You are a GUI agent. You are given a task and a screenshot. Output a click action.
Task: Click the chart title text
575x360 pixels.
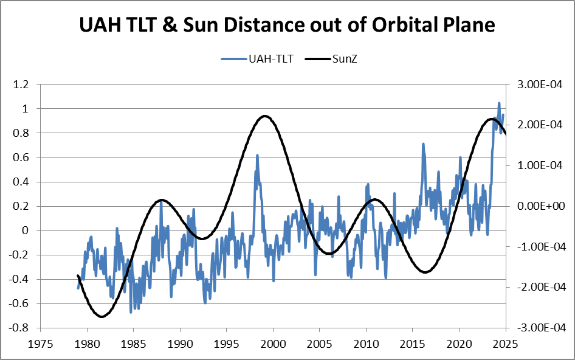coord(287,26)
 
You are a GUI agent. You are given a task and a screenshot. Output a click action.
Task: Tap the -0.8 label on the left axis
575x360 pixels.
coord(21,328)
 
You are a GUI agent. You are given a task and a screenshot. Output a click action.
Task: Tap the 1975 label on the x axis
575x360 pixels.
coord(40,342)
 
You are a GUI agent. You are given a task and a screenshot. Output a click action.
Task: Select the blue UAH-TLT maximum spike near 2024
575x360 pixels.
coord(499,103)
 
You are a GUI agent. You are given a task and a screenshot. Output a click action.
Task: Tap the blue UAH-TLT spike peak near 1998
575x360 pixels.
coord(257,155)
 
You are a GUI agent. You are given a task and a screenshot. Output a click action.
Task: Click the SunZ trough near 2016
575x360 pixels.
coord(425,272)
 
